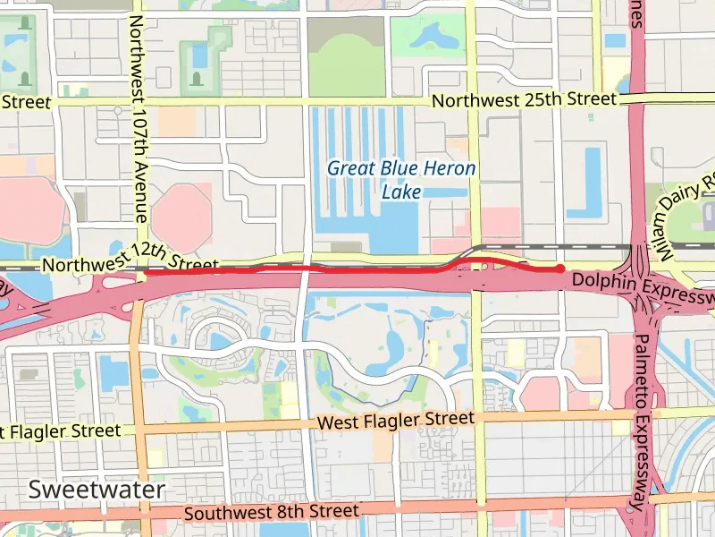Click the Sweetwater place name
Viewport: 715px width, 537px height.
(97, 490)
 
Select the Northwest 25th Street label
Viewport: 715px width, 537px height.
(525, 100)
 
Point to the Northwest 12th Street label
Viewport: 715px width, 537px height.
(130, 266)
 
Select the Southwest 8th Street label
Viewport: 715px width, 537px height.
(272, 513)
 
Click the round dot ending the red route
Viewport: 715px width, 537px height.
(559, 268)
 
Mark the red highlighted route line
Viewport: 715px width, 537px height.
(313, 268)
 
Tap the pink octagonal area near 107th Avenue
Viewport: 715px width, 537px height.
(181, 216)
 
